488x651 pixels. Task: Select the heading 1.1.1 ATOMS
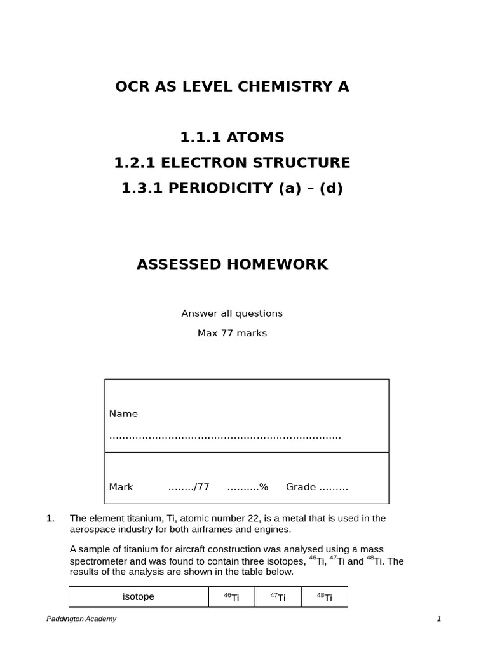[232, 137]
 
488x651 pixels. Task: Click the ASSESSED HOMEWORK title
[232, 264]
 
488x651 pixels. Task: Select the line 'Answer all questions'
[232, 313]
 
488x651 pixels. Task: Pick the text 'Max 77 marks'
[232, 334]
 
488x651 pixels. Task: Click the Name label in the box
[123, 414]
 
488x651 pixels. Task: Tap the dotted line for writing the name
[225, 437]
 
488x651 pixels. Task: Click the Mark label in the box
[121, 487]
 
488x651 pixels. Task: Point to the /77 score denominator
[201, 487]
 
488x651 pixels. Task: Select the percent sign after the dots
[264, 487]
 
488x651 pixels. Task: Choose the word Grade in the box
[301, 487]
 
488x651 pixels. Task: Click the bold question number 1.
[51, 518]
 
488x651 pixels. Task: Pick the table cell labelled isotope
[139, 597]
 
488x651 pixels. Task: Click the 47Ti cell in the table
[278, 597]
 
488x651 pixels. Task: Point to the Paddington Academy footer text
[81, 619]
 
